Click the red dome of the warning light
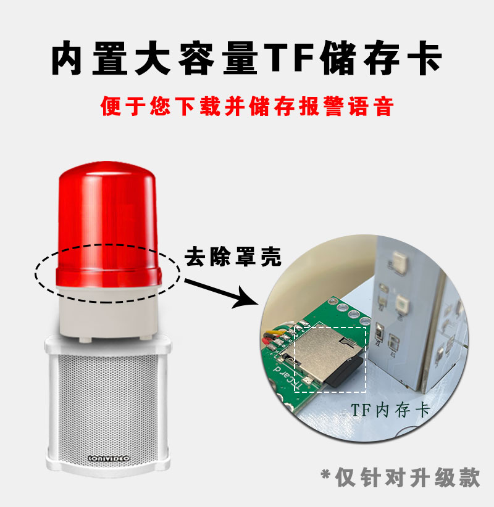tap(107, 224)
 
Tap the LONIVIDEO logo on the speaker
tap(109, 458)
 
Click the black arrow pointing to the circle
tap(222, 293)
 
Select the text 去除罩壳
tap(233, 257)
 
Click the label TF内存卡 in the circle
tap(390, 410)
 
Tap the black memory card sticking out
tap(345, 372)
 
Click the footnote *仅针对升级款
tap(400, 477)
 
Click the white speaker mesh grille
tap(109, 404)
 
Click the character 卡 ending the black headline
tap(424, 57)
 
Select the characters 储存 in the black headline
tap(361, 57)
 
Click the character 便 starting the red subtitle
tap(111, 106)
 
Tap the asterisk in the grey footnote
tap(326, 474)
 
